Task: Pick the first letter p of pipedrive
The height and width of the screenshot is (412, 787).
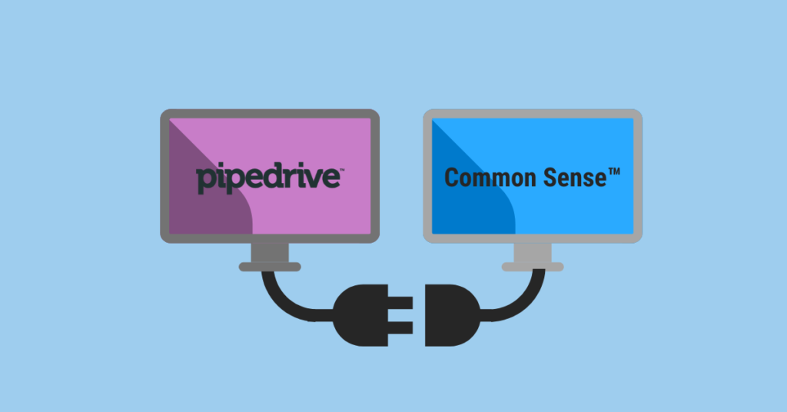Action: point(205,179)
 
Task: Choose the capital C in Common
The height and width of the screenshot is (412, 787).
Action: point(453,178)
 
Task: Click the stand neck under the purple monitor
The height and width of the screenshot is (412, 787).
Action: point(270,252)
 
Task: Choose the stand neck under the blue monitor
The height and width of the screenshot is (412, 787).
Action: point(533,252)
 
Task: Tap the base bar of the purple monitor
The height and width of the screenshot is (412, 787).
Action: point(270,267)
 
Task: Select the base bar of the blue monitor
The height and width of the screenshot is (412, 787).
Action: point(533,267)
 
